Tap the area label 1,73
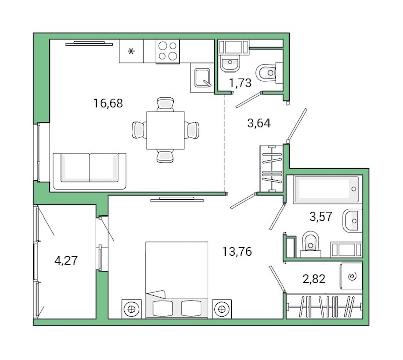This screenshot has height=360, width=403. click(x=240, y=83)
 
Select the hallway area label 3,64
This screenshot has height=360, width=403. click(x=258, y=122)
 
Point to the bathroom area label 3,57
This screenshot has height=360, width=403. click(x=321, y=217)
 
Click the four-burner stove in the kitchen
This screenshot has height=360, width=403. click(x=167, y=51)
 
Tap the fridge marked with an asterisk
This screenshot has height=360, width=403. click(x=131, y=51)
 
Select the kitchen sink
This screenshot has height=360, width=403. click(x=203, y=79)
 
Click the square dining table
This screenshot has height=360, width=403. click(x=165, y=130)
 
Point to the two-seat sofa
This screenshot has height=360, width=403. click(x=89, y=170)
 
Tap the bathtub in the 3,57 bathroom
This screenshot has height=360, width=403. click(x=327, y=189)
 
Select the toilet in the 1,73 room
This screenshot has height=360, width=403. click(x=267, y=74)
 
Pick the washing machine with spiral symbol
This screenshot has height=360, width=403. click(x=351, y=276)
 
